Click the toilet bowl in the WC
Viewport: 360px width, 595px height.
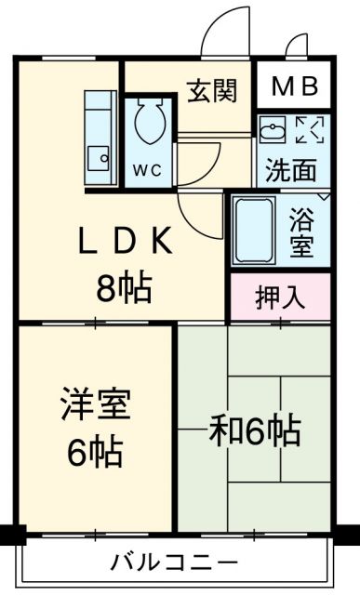150,121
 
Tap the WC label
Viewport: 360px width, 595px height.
147,171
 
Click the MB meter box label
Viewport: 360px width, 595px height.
295,86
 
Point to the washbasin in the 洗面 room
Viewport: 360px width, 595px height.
273,129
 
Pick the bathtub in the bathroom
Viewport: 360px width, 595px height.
254,230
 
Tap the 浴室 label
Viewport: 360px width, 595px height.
301,232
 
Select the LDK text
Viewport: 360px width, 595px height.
126,241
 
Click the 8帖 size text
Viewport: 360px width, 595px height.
124,287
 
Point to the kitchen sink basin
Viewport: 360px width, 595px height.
99,159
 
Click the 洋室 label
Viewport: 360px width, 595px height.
96,403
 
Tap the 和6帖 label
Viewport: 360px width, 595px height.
255,431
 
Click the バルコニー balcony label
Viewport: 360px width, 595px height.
174,562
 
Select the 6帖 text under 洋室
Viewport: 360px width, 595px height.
95,453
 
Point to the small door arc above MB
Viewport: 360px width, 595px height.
294,42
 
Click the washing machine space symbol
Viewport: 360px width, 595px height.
310,130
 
